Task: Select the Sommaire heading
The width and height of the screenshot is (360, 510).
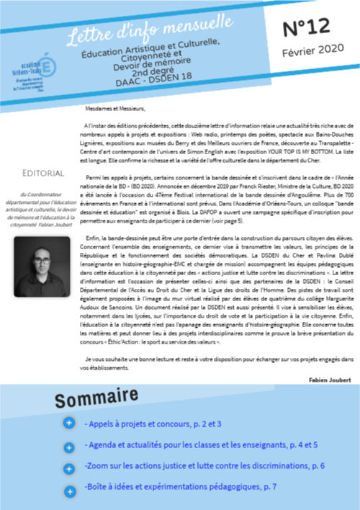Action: point(96,398)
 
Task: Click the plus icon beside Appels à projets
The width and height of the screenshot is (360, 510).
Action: point(68,424)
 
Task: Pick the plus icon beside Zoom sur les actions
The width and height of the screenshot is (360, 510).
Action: point(68,467)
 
